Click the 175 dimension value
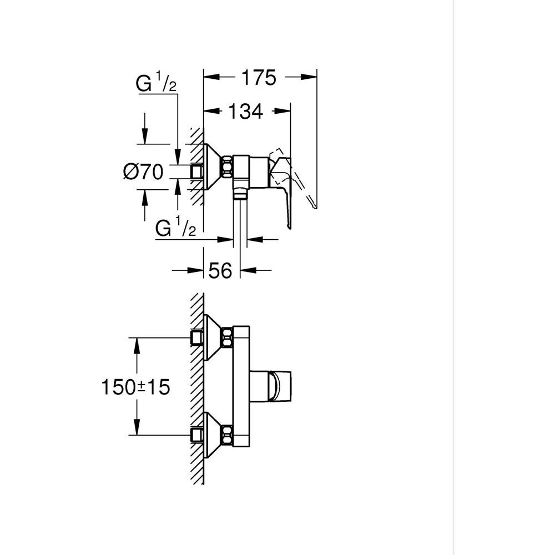click(x=258, y=78)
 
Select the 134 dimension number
click(x=245, y=112)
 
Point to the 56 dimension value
click(x=220, y=271)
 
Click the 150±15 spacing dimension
click(x=135, y=387)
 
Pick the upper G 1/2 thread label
click(x=157, y=84)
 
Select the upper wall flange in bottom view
click(x=214, y=337)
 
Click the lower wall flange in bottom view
click(x=214, y=435)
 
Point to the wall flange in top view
click(x=214, y=167)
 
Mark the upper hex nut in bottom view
click(x=226, y=337)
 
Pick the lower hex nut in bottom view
click(x=226, y=435)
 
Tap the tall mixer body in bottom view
click(x=241, y=386)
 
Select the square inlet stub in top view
click(x=196, y=172)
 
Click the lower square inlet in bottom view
click(x=196, y=435)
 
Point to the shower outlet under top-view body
click(x=240, y=191)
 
